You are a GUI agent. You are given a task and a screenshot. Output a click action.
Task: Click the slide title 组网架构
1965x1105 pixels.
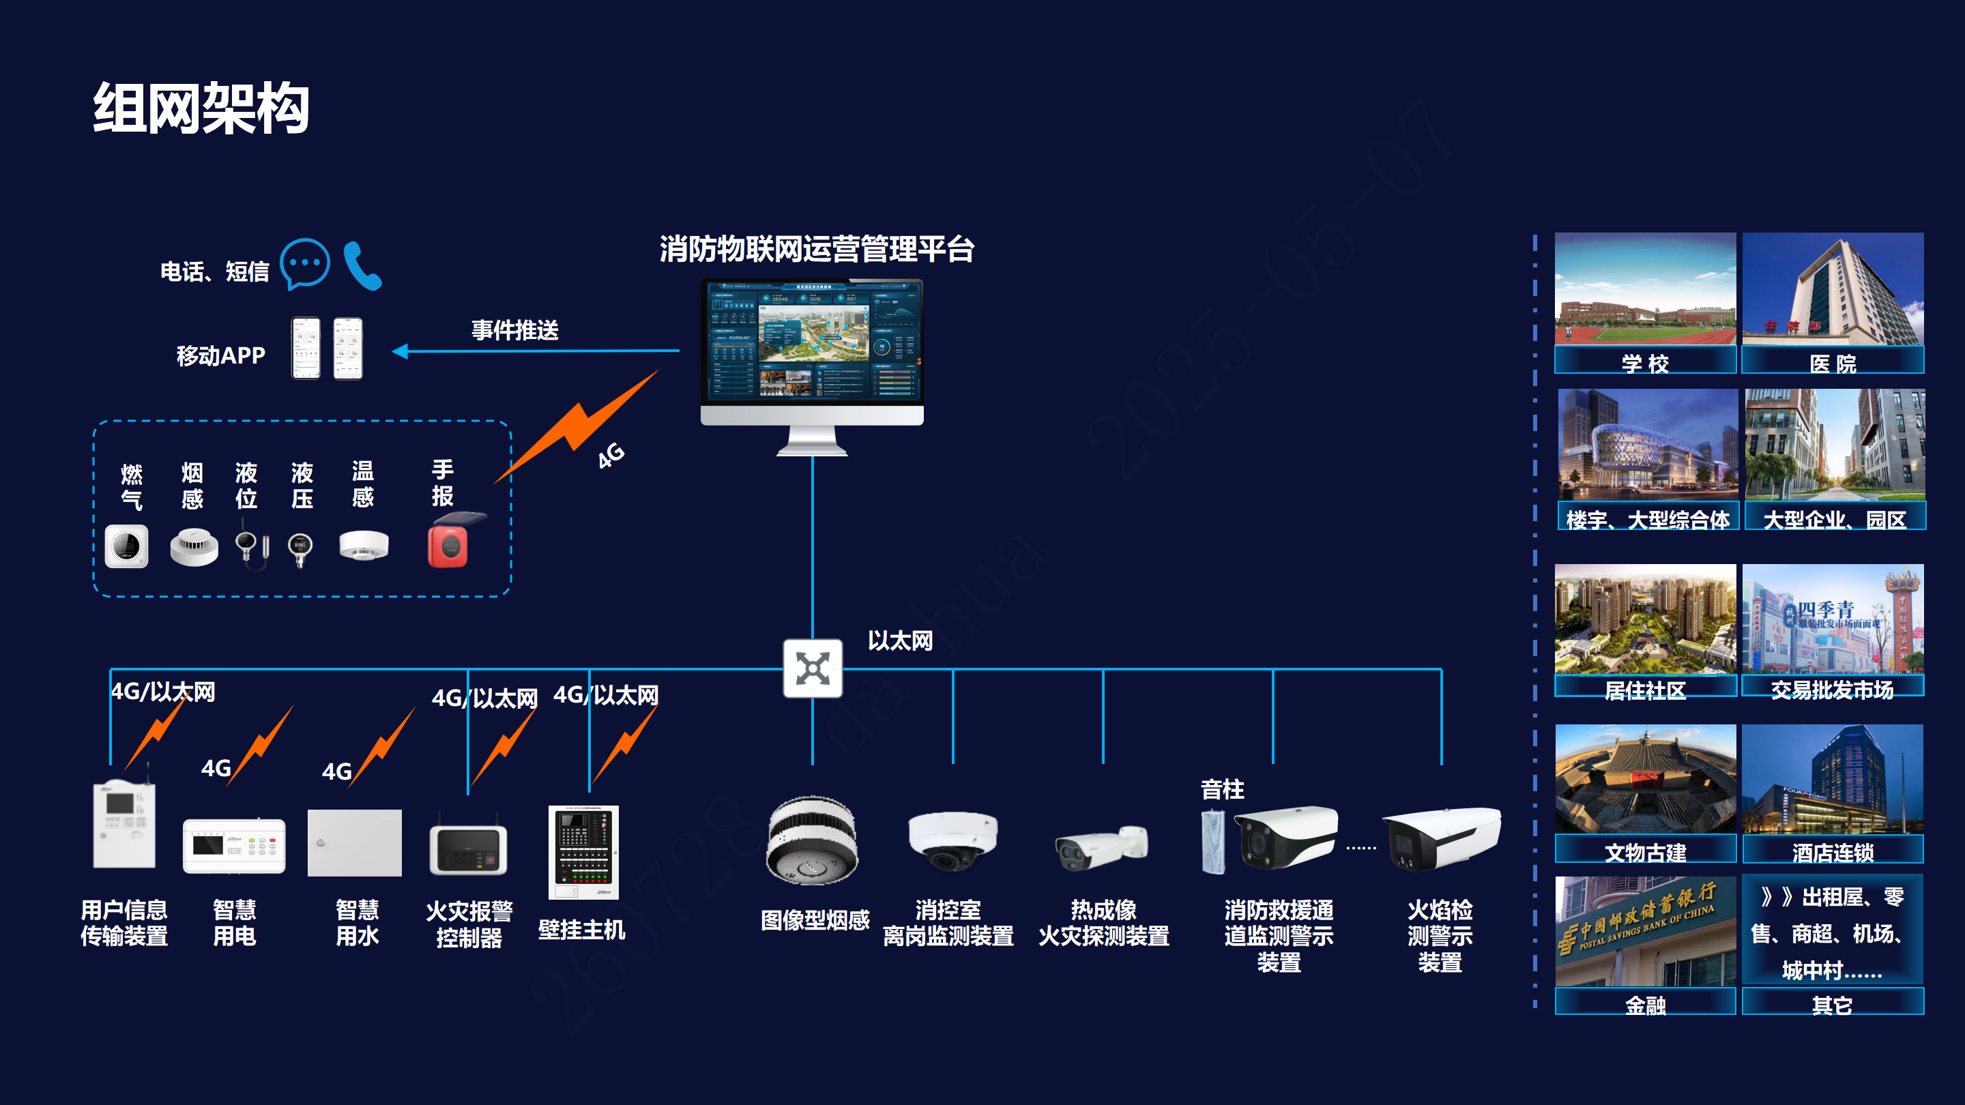point(201,108)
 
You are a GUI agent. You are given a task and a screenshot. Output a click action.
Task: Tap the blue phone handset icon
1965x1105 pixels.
point(362,265)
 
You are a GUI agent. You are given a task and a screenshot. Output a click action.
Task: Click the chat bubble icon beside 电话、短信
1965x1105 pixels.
point(304,264)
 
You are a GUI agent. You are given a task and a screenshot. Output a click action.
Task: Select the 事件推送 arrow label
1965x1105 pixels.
point(515,330)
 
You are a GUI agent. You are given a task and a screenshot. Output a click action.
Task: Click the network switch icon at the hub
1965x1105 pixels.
point(813,668)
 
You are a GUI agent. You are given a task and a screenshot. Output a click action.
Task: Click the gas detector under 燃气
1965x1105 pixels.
point(127,546)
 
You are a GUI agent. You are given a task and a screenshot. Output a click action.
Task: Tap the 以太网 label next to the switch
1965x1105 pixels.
point(900,640)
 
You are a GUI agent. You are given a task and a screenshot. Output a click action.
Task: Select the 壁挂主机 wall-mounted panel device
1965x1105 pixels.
point(583,852)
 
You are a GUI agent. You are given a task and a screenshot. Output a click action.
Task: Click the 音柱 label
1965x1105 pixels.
point(1222,789)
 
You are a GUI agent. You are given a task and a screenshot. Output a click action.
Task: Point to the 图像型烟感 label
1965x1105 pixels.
point(815,920)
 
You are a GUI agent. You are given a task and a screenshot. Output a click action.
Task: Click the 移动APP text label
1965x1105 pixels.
point(220,355)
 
